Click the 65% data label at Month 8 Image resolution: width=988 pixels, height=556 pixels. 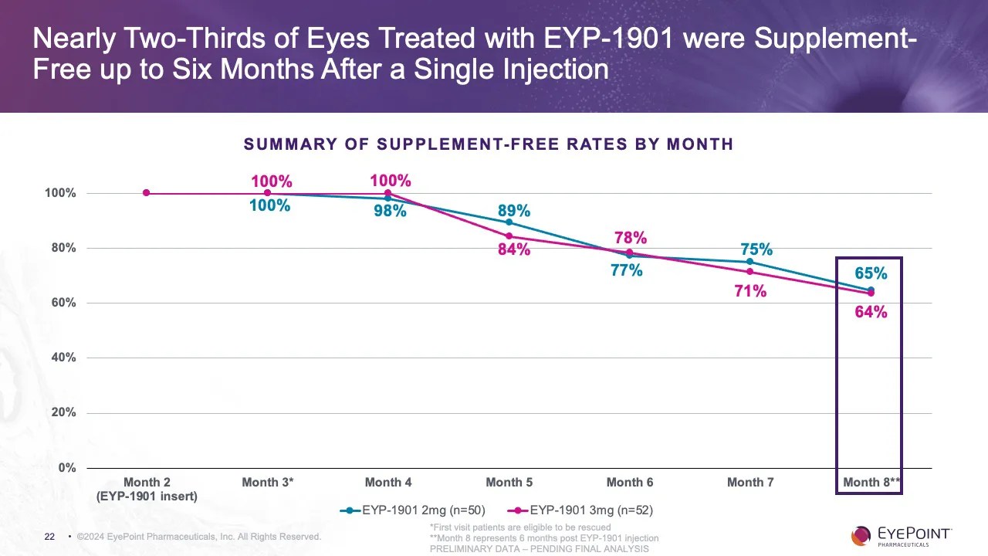[871, 273]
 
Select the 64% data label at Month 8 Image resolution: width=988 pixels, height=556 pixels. [871, 312]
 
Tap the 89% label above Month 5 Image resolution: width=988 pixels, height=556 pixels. [513, 211]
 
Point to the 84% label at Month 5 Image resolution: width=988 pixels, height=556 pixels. [513, 249]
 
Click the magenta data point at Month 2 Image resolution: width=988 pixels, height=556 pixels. [146, 193]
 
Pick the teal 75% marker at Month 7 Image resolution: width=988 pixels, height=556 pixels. [749, 262]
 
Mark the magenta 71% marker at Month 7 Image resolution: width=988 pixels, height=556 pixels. [749, 272]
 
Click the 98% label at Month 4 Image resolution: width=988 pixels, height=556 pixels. [390, 211]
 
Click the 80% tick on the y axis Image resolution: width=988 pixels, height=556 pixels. [61, 248]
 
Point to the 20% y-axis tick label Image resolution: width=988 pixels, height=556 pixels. [61, 413]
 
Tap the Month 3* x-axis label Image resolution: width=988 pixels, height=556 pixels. [267, 483]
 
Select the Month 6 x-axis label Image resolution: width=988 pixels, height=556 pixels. [629, 483]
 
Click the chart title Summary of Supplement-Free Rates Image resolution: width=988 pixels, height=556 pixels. [488, 144]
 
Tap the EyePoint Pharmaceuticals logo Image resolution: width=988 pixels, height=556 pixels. [901, 535]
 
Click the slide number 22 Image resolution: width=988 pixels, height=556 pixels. [49, 537]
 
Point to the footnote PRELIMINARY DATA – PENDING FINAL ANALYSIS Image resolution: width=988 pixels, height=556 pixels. [539, 549]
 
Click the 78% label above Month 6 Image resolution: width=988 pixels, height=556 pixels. [631, 238]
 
